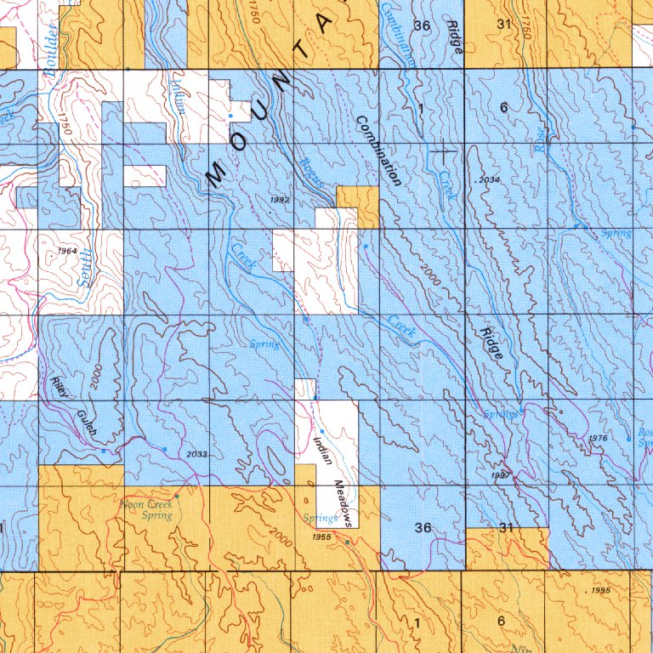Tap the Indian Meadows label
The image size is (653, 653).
tap(332, 480)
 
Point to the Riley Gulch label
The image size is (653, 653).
tap(74, 407)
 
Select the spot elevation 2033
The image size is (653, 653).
tap(196, 454)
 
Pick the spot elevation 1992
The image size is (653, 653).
tap(280, 199)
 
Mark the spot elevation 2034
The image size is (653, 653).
tap(490, 180)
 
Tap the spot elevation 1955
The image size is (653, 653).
tap(321, 537)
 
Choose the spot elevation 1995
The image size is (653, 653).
tap(599, 589)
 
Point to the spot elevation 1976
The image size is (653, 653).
tap(599, 438)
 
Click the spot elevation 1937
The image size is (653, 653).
tap(500, 475)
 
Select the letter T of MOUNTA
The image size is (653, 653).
tap(302, 54)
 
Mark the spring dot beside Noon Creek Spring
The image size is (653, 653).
tap(177, 496)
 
